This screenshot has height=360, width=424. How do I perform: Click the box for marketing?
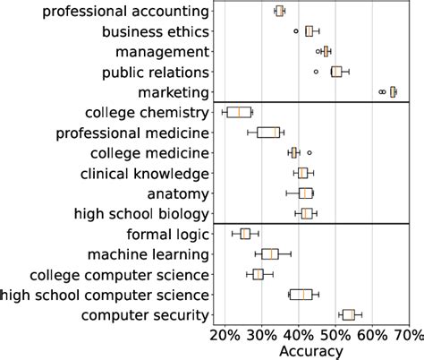point(393,91)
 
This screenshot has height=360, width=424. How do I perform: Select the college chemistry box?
point(239,112)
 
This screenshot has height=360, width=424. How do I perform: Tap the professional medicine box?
point(268,133)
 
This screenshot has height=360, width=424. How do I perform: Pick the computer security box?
point(348,314)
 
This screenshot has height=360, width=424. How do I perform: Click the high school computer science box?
point(301,294)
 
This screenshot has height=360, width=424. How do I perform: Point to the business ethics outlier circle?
point(296,31)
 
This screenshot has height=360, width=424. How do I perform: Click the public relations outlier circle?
point(316,72)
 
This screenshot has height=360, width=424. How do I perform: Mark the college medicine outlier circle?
point(310,152)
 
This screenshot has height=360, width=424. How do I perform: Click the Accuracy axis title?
point(310,352)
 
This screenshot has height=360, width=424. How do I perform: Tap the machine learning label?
point(148,253)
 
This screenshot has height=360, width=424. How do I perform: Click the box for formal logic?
point(245,234)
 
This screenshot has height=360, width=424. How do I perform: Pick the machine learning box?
point(270,253)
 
